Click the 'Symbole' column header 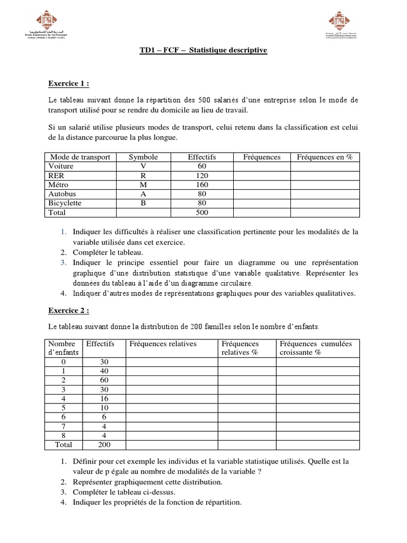click(x=143, y=157)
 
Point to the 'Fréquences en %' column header click(x=325, y=157)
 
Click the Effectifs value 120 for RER click(x=202, y=176)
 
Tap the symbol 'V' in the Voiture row click(x=143, y=167)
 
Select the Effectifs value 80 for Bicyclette click(x=202, y=203)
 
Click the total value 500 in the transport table click(x=202, y=212)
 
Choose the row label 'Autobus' click(x=62, y=194)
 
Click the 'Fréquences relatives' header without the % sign click(x=163, y=344)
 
